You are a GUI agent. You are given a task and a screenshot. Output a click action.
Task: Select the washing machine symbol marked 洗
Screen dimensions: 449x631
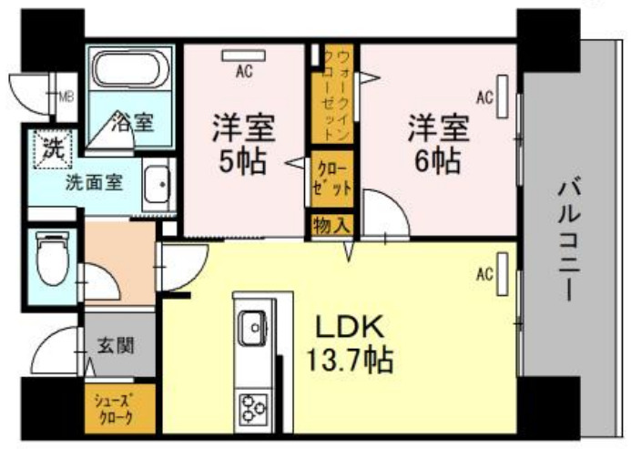(46, 148)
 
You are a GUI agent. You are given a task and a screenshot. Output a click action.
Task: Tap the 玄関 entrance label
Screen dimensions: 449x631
(117, 345)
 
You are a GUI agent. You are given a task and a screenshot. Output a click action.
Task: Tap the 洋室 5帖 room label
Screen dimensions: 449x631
(242, 143)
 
